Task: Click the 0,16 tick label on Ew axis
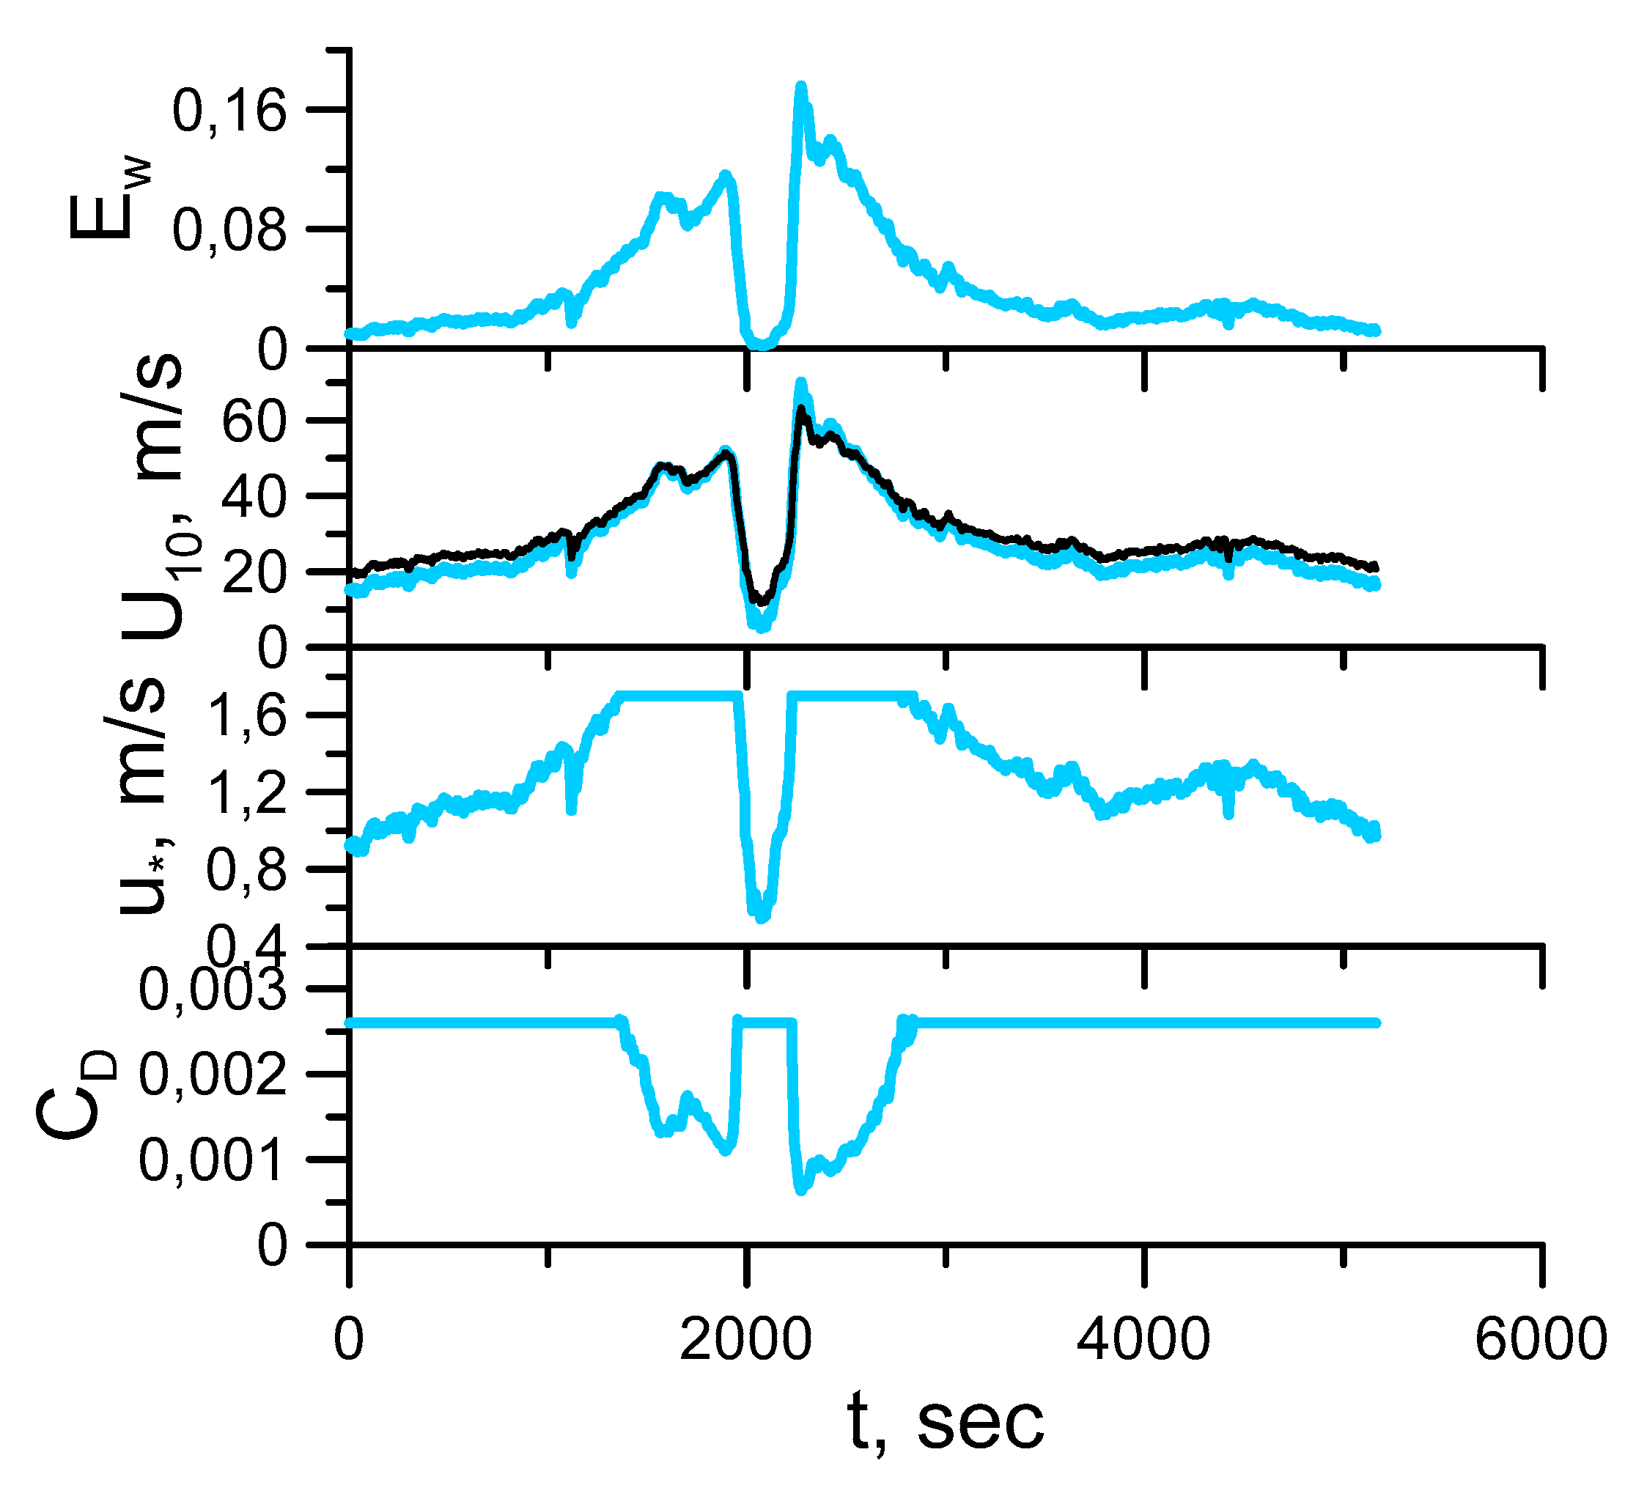pyautogui.click(x=229, y=111)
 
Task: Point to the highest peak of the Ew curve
pyautogui.click(x=800, y=87)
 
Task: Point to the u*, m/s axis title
pyautogui.click(x=145, y=798)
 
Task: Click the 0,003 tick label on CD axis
pyautogui.click(x=213, y=990)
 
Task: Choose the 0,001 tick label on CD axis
pyautogui.click(x=213, y=1161)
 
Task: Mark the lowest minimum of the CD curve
pyautogui.click(x=800, y=1190)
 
